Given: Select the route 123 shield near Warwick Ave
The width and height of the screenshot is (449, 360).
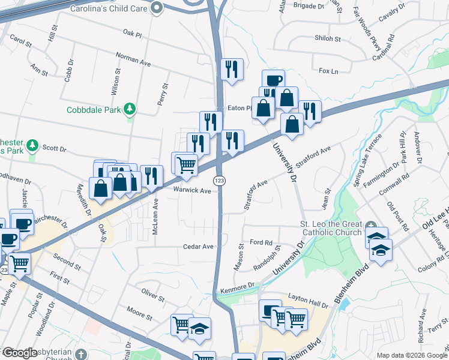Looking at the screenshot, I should pyautogui.click(x=220, y=181).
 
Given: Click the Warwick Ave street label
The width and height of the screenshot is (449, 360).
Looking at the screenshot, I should pyautogui.click(x=192, y=191).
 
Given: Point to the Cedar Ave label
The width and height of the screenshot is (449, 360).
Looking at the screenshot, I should pyautogui.click(x=199, y=247).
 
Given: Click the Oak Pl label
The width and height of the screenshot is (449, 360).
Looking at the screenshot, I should pyautogui.click(x=131, y=34).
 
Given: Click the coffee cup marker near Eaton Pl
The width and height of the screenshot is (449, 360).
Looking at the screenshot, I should pyautogui.click(x=273, y=79).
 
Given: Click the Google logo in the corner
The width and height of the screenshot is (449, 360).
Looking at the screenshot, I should pyautogui.click(x=20, y=353).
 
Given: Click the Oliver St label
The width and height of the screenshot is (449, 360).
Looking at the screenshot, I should pyautogui.click(x=153, y=296).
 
